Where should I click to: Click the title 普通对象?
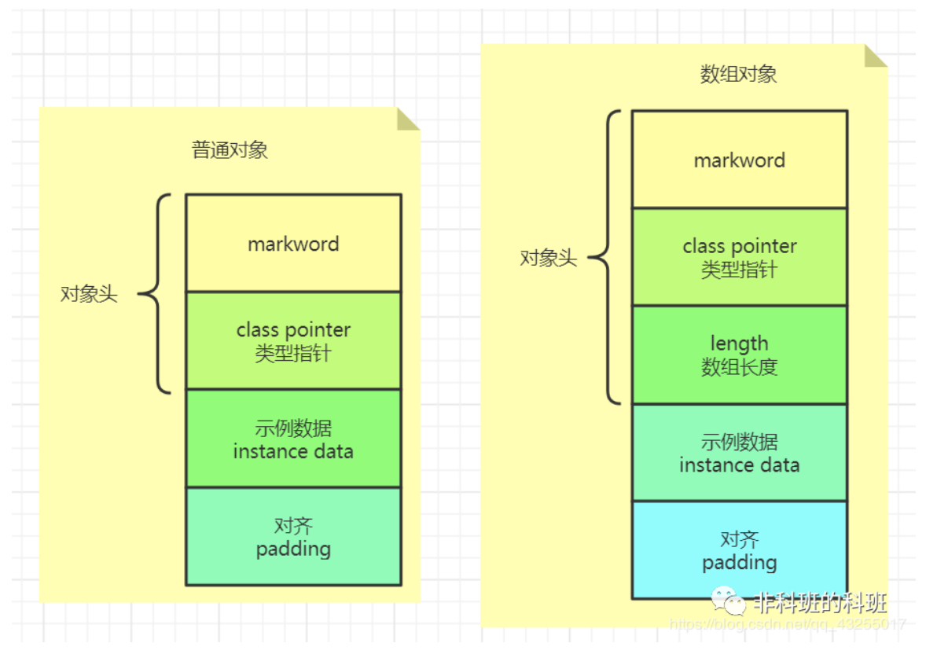230,150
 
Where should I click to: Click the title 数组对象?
738,75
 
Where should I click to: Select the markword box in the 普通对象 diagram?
293,244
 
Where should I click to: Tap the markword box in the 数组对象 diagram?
739,160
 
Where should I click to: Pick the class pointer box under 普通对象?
293,341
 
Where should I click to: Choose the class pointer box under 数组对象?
739,257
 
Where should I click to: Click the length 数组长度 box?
739,355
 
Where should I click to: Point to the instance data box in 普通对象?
293,439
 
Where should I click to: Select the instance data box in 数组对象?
739,453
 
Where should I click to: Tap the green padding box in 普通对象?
293,537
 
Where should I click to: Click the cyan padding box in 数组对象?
739,550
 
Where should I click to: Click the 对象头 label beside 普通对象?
89,295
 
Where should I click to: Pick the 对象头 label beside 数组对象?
548,258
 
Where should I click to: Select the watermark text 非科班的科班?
820,603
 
